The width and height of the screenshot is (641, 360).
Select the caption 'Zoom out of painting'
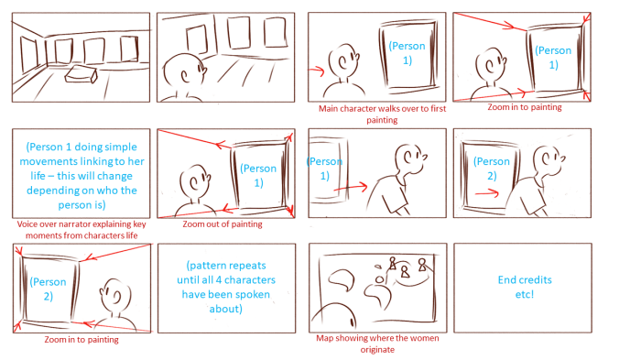tap(222, 224)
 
